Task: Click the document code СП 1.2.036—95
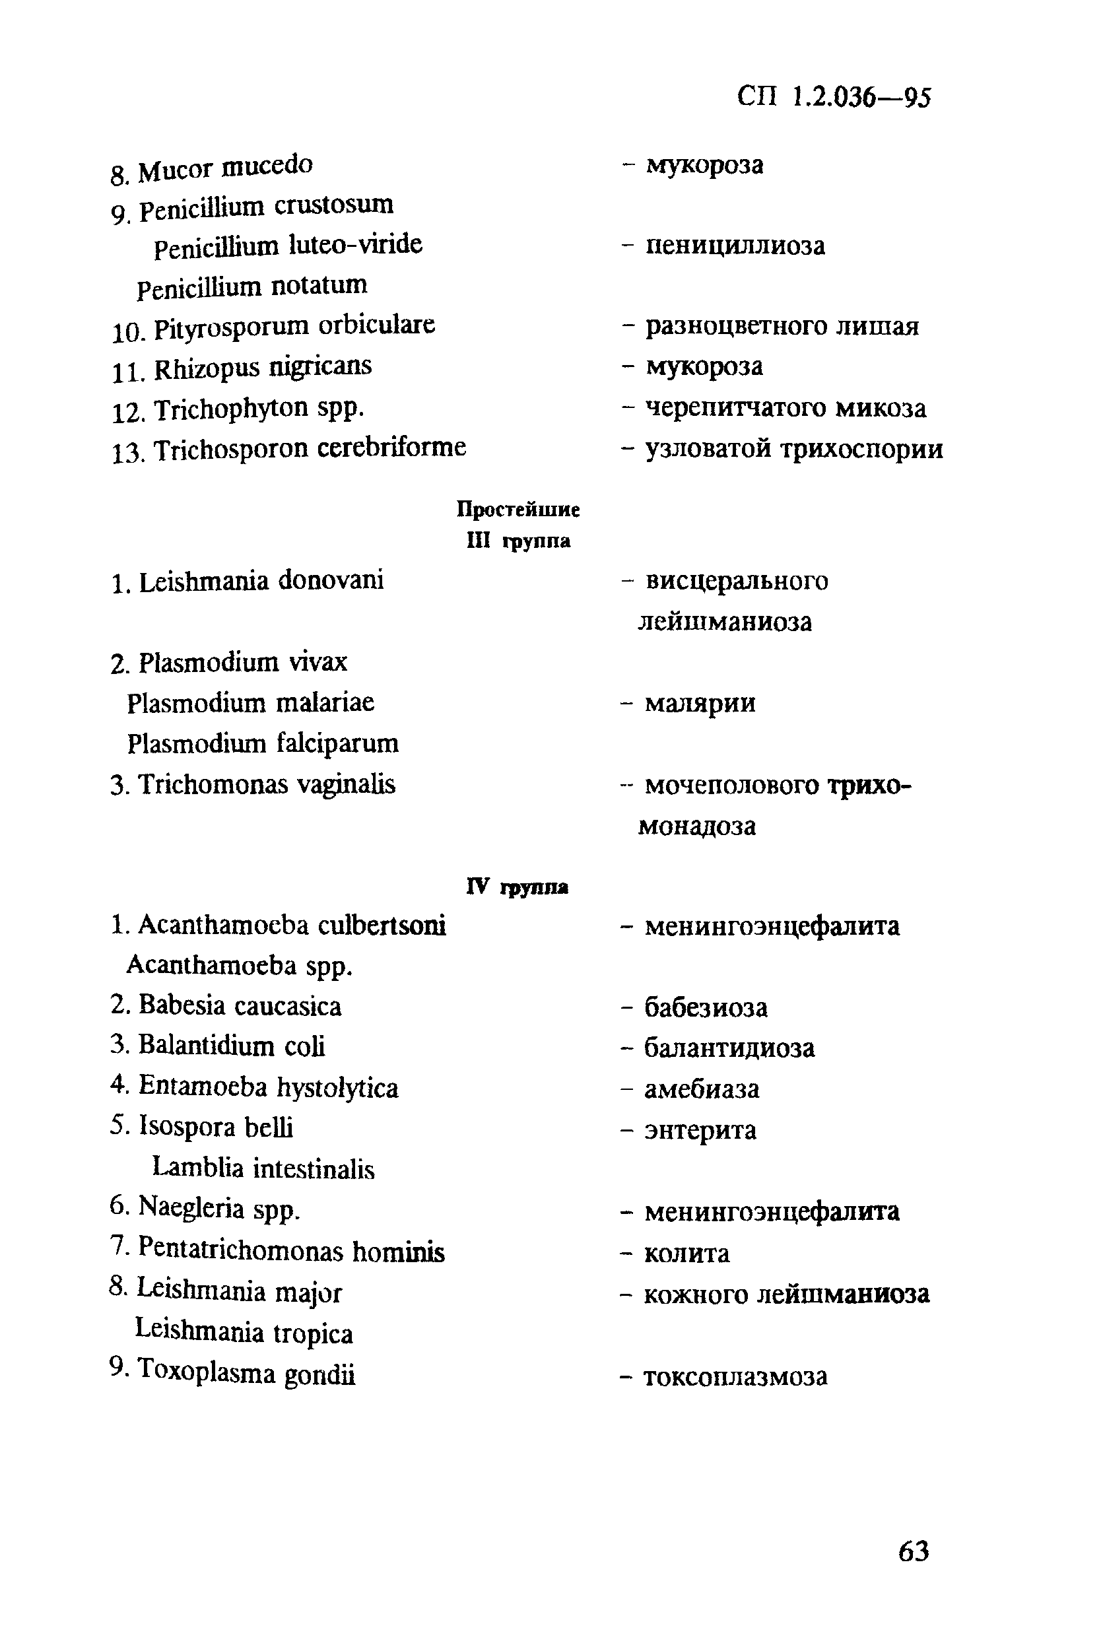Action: click(x=834, y=97)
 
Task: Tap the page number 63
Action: click(x=913, y=1551)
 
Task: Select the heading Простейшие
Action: click(x=518, y=509)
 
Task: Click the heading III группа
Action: click(x=518, y=540)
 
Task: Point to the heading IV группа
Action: click(x=517, y=887)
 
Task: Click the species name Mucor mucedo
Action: click(x=225, y=168)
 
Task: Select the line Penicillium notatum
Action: click(x=252, y=286)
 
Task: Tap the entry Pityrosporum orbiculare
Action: click(x=294, y=326)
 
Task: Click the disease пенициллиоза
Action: click(x=735, y=246)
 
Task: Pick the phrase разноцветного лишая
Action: click(x=782, y=326)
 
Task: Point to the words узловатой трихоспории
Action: click(x=793, y=448)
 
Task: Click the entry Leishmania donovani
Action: click(x=260, y=581)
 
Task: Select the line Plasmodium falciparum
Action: click(x=263, y=743)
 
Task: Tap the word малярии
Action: click(x=700, y=703)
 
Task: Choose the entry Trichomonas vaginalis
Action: click(x=266, y=784)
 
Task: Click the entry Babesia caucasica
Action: click(x=239, y=1005)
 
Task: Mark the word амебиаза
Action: click(x=701, y=1089)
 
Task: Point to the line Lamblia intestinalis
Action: click(x=263, y=1168)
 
